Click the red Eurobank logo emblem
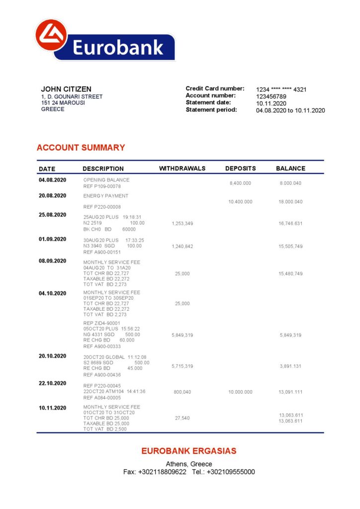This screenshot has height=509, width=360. click(51, 35)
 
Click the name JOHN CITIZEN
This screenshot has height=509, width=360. click(66, 89)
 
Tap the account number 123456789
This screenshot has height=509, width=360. click(271, 96)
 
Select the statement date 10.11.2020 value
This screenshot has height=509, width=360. click(271, 103)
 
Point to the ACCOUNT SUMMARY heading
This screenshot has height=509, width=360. click(81, 148)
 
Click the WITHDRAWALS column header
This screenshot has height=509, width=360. click(182, 169)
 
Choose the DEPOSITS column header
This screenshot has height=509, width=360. click(240, 169)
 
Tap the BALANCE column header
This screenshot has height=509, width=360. click(290, 169)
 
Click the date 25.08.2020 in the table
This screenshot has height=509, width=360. click(52, 215)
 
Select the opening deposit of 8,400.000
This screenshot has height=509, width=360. click(240, 183)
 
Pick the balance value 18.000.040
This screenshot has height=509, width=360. click(290, 202)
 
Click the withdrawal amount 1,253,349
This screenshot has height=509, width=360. click(182, 224)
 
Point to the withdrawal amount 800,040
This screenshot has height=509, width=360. click(182, 392)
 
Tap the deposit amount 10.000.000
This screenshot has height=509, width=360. click(240, 392)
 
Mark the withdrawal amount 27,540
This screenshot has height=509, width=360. click(182, 418)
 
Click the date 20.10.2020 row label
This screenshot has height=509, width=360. click(52, 356)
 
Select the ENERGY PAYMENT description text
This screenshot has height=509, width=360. click(105, 196)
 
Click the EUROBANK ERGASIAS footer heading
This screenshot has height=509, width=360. click(188, 451)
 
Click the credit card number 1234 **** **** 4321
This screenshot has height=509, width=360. click(281, 89)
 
